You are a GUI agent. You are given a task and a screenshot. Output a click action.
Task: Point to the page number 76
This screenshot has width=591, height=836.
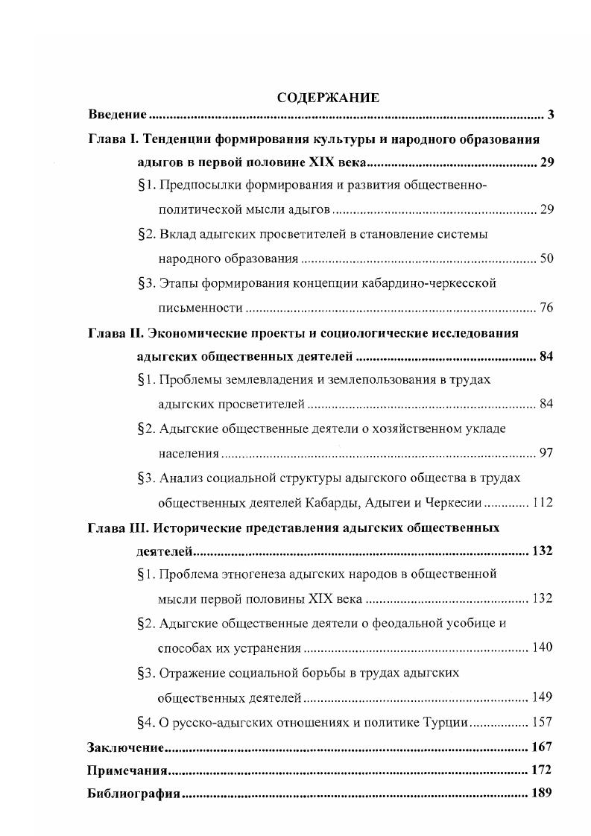click(x=546, y=308)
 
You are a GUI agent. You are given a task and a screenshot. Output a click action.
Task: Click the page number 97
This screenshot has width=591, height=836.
click(x=546, y=452)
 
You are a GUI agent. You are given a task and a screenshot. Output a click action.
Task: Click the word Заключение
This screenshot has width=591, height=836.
click(x=124, y=747)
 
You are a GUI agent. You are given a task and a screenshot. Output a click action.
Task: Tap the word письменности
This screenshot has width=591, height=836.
click(x=200, y=308)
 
